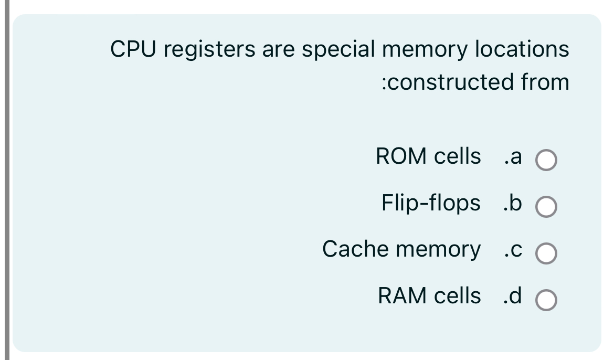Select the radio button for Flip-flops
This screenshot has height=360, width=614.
[546, 208]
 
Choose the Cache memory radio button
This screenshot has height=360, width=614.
[546, 254]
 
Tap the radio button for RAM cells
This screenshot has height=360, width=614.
[546, 301]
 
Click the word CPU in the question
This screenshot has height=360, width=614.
[131, 49]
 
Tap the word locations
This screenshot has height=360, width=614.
[522, 49]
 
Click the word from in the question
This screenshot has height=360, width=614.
[545, 82]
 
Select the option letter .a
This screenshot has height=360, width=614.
[512, 156]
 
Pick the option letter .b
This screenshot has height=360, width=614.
[512, 203]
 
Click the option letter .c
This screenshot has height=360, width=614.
[512, 249]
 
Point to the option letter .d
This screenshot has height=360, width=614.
[512, 295]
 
